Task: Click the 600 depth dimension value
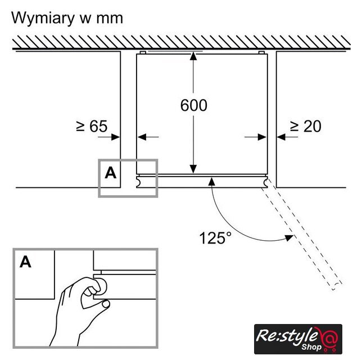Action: (194, 105)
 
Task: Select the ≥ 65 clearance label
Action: (92, 126)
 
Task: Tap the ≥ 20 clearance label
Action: (305, 126)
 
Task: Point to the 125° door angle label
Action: (215, 238)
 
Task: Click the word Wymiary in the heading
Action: (43, 19)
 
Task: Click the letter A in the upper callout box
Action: (110, 173)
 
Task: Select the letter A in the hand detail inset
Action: (25, 262)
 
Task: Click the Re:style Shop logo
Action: (298, 339)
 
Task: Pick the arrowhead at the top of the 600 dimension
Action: (193, 56)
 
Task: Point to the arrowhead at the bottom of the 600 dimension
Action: (193, 169)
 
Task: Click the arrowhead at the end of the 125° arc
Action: (289, 238)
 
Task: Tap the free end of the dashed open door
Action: (337, 286)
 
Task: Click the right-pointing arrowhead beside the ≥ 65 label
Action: (115, 137)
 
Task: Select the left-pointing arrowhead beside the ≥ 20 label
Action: (281, 137)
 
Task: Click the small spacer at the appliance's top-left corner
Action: (143, 53)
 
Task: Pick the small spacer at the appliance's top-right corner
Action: (261, 53)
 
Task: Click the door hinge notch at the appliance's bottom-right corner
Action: (265, 182)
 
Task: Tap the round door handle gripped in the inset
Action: (101, 286)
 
